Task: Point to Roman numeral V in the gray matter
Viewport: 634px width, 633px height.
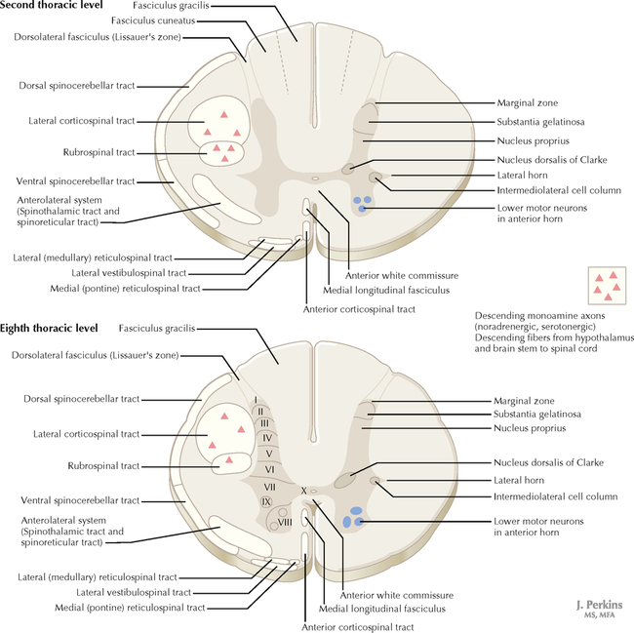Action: click(x=267, y=455)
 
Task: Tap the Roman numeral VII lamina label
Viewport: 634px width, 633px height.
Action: click(x=269, y=486)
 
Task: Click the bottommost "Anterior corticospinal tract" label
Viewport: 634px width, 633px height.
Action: click(x=359, y=624)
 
